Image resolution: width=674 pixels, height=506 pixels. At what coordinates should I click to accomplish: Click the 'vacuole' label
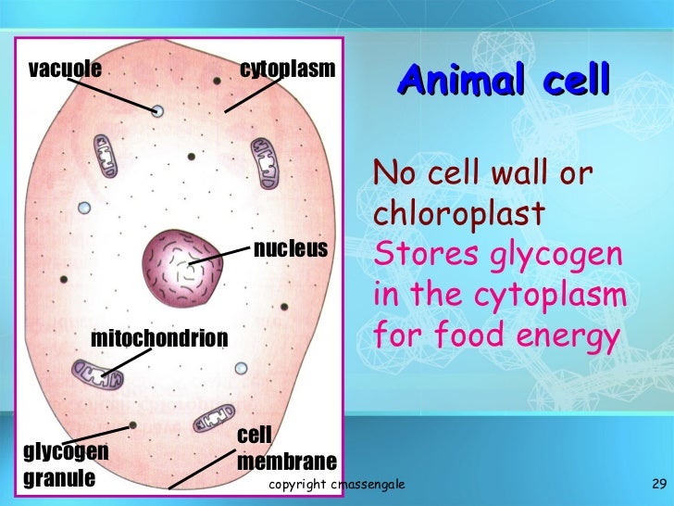click(x=65, y=69)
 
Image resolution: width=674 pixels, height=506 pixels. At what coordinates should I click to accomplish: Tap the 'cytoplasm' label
click(x=287, y=69)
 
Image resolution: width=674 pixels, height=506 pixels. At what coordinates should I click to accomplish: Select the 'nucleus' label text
click(x=290, y=248)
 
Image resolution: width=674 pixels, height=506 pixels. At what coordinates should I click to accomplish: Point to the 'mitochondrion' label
click(x=158, y=339)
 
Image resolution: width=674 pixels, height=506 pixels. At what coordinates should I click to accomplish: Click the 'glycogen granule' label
click(x=65, y=466)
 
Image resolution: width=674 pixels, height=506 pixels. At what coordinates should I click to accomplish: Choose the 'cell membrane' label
click(x=286, y=449)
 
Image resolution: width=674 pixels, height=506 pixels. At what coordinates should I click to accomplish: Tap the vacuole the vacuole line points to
click(x=157, y=111)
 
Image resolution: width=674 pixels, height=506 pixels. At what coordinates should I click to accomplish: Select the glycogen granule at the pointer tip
click(x=133, y=425)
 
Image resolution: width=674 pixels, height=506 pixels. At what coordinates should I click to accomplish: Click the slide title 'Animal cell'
click(x=504, y=81)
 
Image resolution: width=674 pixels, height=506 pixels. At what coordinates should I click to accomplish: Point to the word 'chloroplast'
click(x=457, y=214)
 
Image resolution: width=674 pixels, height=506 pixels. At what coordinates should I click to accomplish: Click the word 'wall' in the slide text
click(x=534, y=173)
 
